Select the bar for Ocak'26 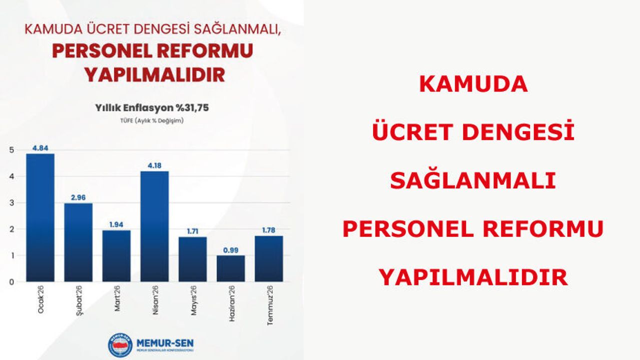coord(40,217)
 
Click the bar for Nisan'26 coord(154,226)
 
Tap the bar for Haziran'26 coord(231,268)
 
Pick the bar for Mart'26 coord(116,256)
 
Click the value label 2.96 coord(78,197)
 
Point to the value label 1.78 coord(269,230)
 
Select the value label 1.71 coord(192,231)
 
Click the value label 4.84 coord(40,148)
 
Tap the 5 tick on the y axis coord(11,150)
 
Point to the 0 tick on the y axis coord(11,282)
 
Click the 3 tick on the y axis coord(11,203)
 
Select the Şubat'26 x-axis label coord(79,300)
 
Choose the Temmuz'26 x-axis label coord(270,305)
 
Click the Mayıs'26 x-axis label coord(193,300)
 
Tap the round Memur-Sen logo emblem coord(120,345)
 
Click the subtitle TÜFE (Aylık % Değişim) coord(152,120)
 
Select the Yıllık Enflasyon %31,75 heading coord(152,107)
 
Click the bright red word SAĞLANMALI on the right coord(473,181)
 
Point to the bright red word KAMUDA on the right coord(473,84)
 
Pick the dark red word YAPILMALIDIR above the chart coord(154,75)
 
